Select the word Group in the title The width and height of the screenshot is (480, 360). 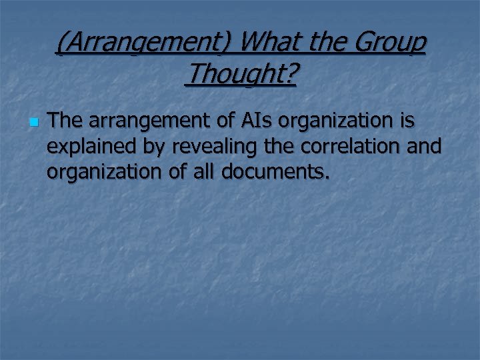coord(390,43)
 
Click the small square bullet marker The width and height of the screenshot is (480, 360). coord(33,123)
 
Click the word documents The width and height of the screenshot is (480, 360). coord(275,172)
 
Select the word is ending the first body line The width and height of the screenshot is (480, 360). coord(407,121)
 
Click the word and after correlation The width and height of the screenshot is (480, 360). coord(425,147)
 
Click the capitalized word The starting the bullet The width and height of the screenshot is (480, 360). coord(65,121)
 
